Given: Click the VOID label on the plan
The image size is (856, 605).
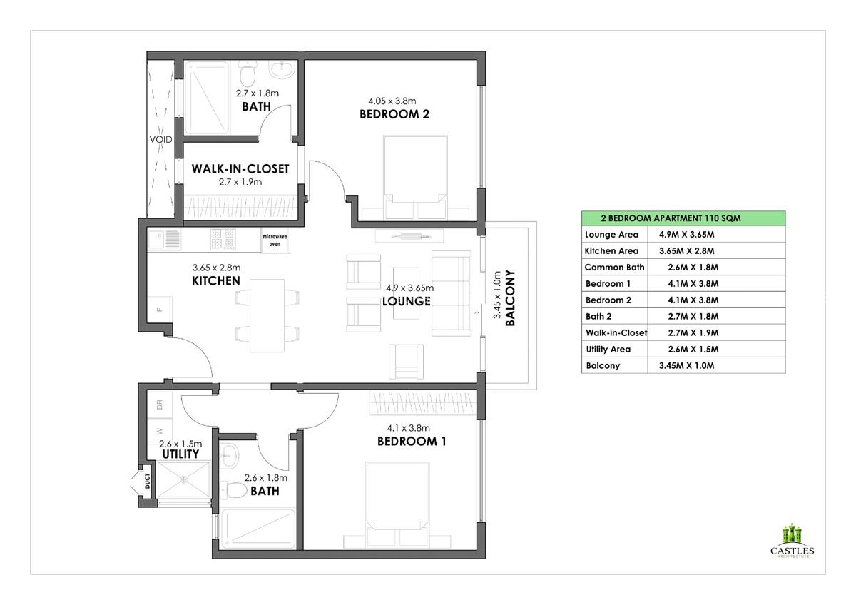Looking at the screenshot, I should [160, 139].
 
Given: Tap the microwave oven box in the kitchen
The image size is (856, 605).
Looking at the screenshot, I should [275, 240].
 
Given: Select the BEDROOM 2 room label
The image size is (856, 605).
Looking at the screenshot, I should [394, 114].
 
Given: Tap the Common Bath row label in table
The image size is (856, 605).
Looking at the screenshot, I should [614, 268].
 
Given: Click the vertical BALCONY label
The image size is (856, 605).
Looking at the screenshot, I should [509, 298].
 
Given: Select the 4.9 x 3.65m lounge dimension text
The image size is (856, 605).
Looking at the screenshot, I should [410, 288].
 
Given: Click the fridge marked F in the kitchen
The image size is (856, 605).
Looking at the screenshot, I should [160, 309].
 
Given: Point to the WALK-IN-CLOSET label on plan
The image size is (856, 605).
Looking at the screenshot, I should [240, 169].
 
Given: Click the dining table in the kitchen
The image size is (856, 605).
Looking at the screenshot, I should [267, 314].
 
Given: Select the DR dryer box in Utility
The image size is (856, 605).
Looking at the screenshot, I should [160, 404].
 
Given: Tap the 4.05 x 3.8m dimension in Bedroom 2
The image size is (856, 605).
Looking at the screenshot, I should [392, 101].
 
